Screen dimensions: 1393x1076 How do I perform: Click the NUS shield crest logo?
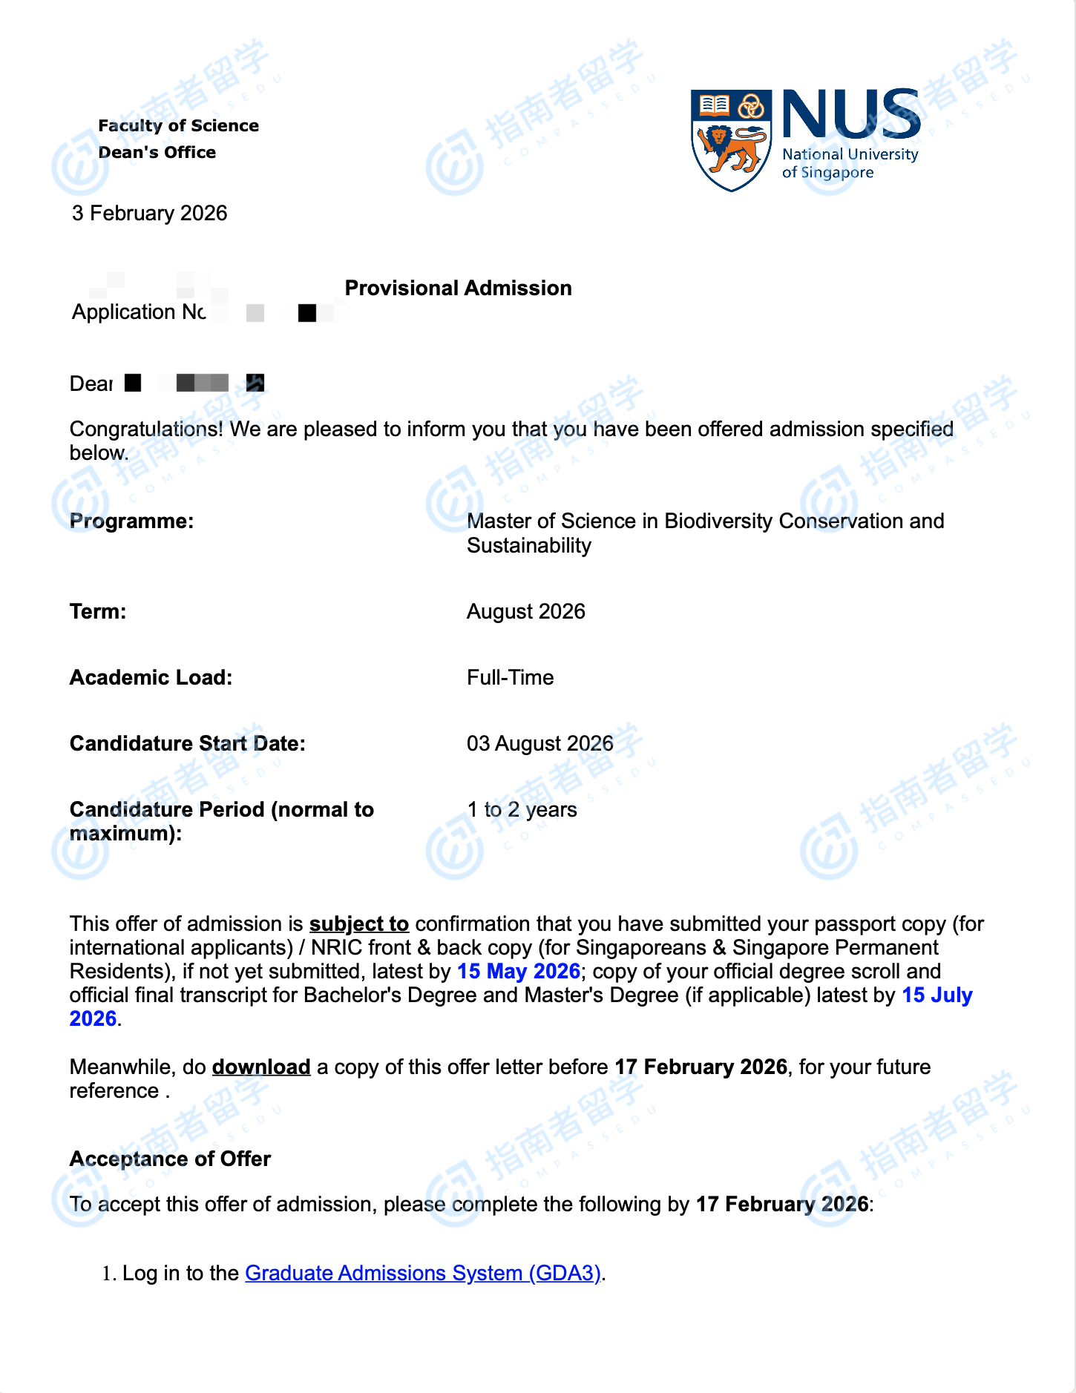[730, 139]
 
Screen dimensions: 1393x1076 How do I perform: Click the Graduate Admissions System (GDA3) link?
[422, 1273]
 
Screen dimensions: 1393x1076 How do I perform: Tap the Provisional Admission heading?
[458, 288]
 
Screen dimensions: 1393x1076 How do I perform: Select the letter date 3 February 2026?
[149, 214]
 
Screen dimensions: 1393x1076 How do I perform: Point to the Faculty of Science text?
[178, 125]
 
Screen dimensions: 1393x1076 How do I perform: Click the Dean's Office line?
[157, 152]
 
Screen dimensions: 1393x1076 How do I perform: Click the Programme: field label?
[131, 521]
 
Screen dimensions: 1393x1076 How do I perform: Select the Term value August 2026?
[525, 611]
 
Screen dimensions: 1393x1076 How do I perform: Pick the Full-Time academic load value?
[510, 677]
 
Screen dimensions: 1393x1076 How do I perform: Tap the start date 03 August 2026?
[539, 743]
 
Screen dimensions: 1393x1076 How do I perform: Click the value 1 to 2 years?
[522, 809]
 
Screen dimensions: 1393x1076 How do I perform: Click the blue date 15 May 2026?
[518, 971]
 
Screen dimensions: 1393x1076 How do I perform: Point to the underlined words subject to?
[358, 923]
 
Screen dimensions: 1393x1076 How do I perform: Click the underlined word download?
[260, 1067]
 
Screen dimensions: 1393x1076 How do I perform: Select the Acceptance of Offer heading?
[170, 1159]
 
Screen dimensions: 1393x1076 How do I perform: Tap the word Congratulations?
[146, 429]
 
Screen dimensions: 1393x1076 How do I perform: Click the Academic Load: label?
[151, 677]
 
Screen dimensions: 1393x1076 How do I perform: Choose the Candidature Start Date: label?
[187, 743]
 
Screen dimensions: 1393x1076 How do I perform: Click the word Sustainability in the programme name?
[528, 545]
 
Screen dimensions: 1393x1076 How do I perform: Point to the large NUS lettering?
[851, 114]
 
